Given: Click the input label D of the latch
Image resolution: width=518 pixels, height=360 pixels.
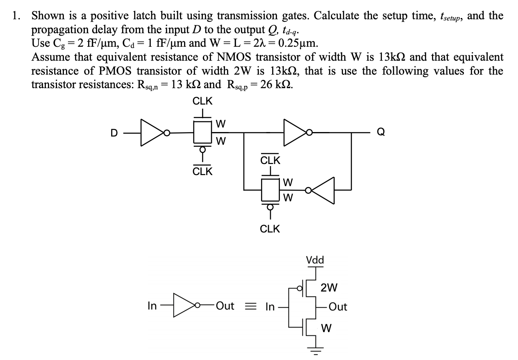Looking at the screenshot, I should tap(114, 133).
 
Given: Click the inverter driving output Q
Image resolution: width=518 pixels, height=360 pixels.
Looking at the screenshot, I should tap(294, 132).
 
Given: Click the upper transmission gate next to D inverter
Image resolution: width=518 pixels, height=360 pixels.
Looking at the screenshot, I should tap(202, 132).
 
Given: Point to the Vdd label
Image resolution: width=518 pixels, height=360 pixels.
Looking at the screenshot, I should tap(315, 260).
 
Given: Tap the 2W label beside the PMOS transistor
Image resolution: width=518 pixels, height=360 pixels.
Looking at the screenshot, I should tap(329, 288).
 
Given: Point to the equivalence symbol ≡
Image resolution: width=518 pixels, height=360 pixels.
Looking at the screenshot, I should tap(251, 306).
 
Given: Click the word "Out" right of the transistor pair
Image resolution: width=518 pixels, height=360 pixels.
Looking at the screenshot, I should tap(338, 307).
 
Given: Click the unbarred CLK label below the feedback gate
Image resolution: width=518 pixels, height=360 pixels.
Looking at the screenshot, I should tap(270, 229).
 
